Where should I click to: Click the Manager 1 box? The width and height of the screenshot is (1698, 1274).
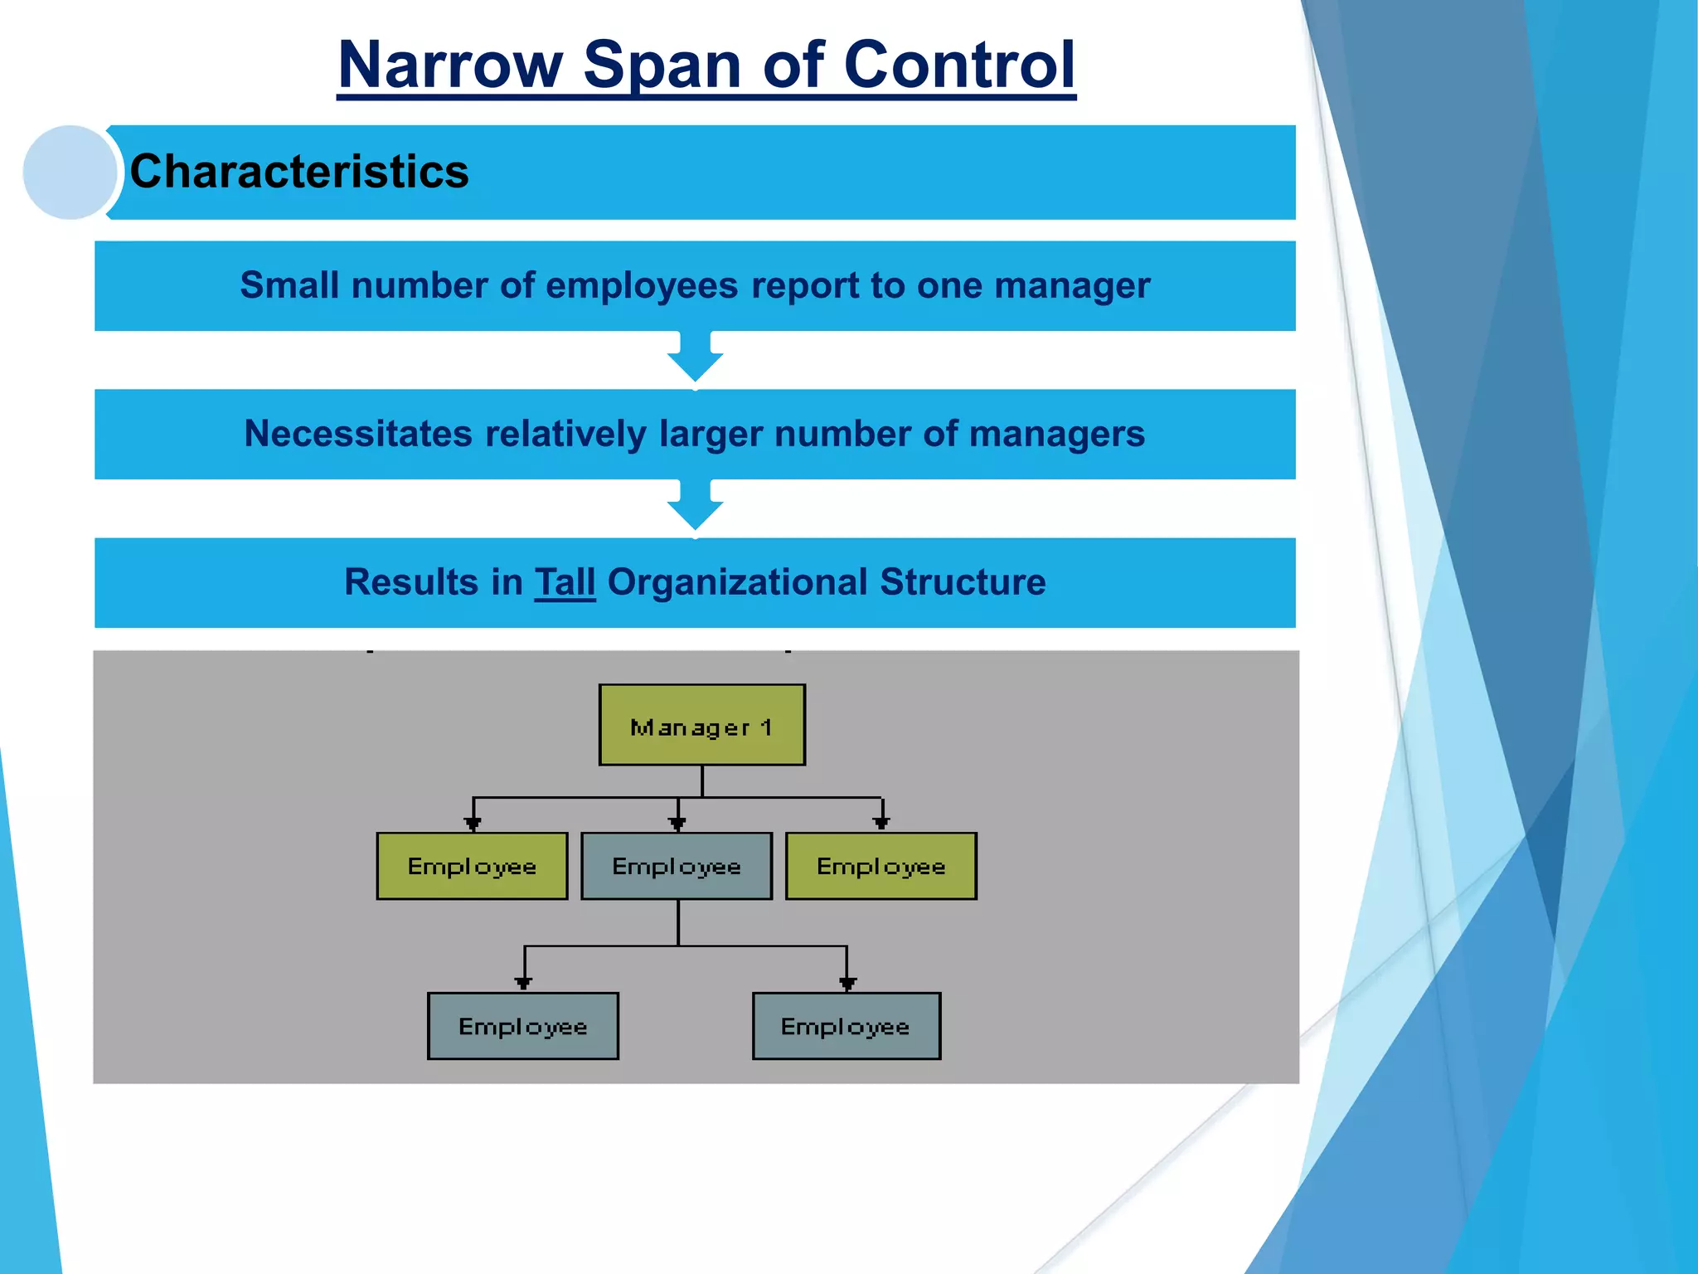tap(701, 725)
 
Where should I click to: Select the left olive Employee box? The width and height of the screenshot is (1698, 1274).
tap(472, 866)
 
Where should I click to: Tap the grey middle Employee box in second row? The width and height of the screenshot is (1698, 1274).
tap(677, 866)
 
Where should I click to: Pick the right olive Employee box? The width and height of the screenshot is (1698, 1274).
tap(881, 866)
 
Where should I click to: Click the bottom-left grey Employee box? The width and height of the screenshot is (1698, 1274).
tap(523, 1026)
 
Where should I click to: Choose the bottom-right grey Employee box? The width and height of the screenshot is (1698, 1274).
tap(846, 1026)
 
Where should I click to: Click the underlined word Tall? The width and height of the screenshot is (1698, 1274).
tap(565, 582)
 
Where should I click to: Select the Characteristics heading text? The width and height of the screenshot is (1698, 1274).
tap(299, 172)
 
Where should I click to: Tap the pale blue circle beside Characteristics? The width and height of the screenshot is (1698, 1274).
tap(70, 173)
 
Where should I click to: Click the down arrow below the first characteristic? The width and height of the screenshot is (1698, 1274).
tap(695, 357)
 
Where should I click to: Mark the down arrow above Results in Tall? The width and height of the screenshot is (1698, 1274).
tap(695, 506)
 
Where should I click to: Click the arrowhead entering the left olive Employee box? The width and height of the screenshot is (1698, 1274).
tap(473, 824)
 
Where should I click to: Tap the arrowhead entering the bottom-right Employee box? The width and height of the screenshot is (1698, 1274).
tap(847, 984)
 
